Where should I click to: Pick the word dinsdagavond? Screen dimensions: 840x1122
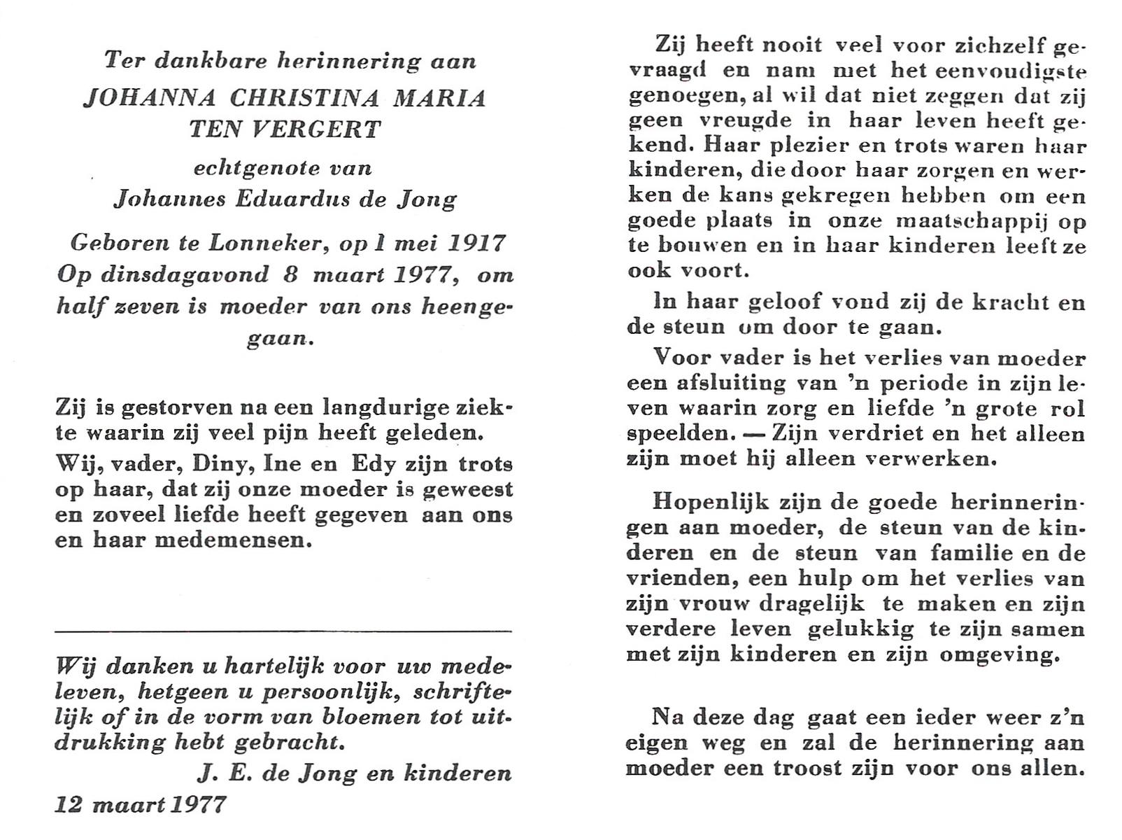tap(185, 274)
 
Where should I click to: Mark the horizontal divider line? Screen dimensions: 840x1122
tap(283, 631)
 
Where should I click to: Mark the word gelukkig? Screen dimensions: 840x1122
tap(860, 629)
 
